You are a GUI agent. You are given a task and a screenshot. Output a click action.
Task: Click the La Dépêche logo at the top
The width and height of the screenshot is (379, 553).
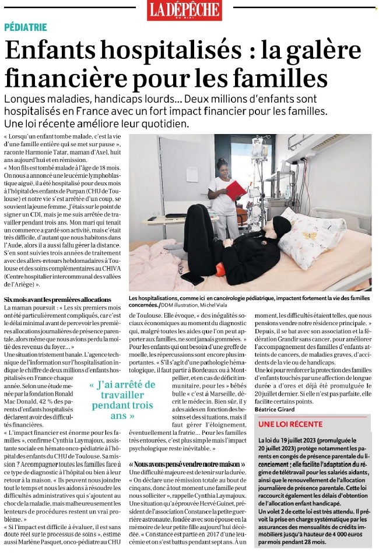[184, 10]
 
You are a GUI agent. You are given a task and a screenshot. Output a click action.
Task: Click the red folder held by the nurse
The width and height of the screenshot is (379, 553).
[236, 190]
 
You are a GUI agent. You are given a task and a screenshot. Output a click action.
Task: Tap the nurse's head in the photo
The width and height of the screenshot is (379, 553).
[222, 165]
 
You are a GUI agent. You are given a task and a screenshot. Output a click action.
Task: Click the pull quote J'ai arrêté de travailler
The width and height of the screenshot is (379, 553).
[122, 400]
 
